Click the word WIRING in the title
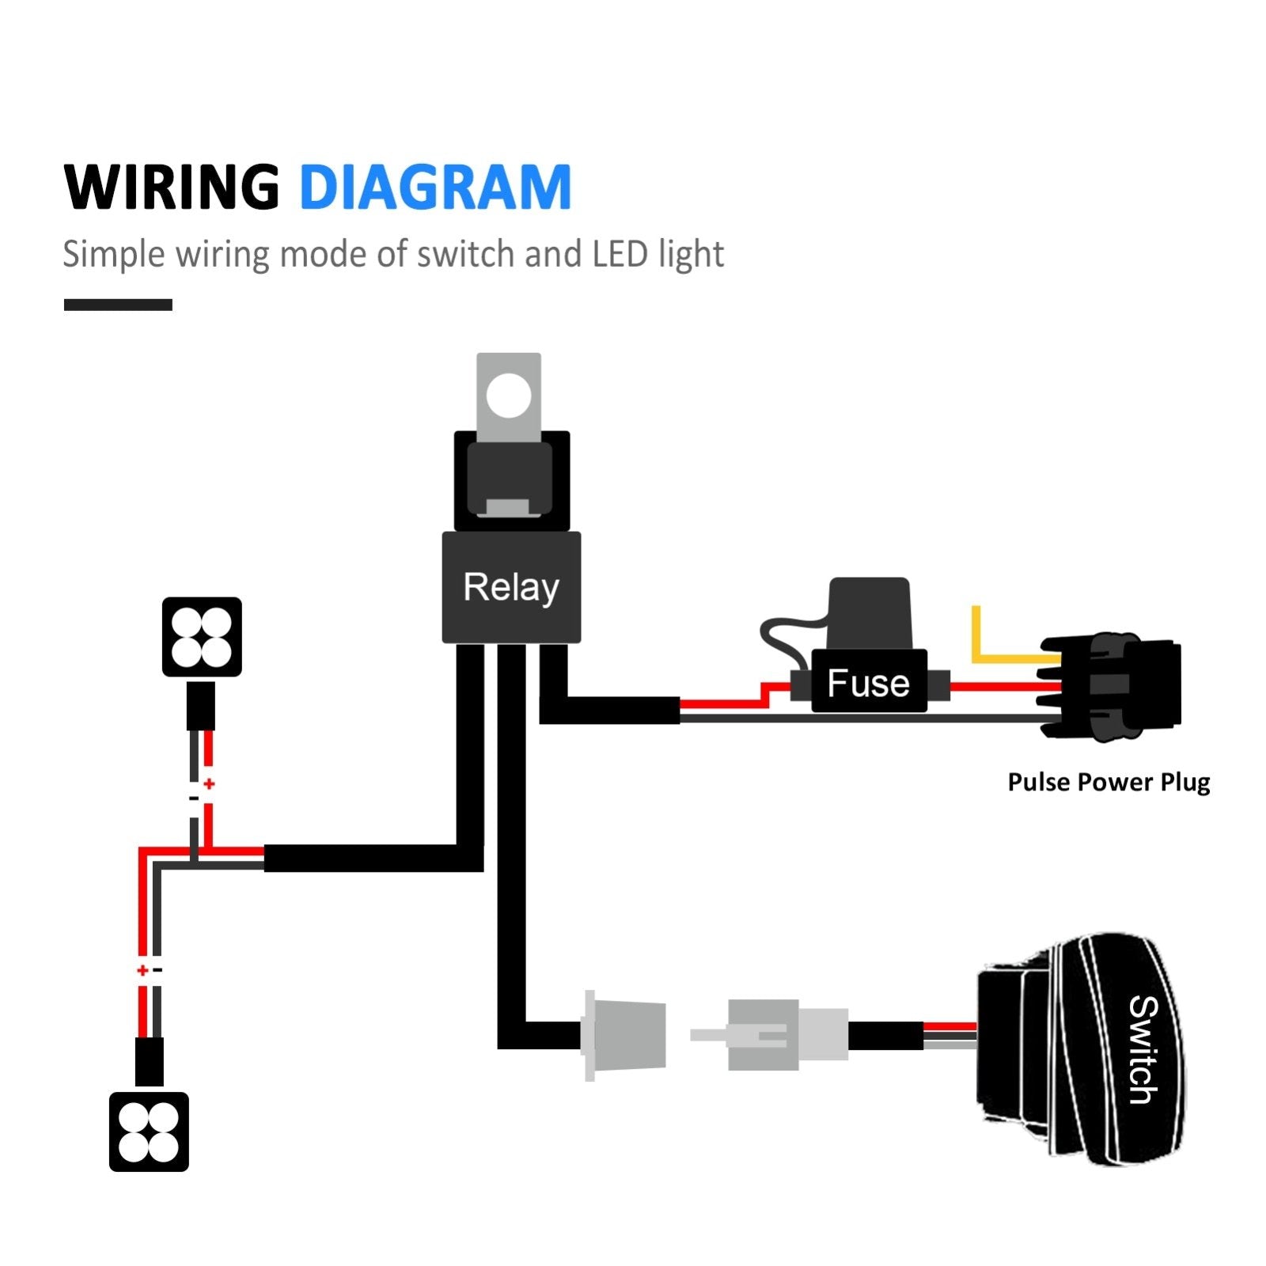pyautogui.click(x=172, y=188)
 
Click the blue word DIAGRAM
pyautogui.click(x=435, y=188)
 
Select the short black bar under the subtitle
pyautogui.click(x=118, y=305)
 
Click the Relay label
pyautogui.click(x=511, y=587)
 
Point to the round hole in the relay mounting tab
pyautogui.click(x=509, y=395)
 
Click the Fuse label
pyautogui.click(x=868, y=683)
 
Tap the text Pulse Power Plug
pyautogui.click(x=1109, y=782)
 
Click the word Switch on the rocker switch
pyautogui.click(x=1143, y=1049)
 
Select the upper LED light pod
pyautogui.click(x=202, y=637)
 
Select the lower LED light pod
pyautogui.click(x=149, y=1131)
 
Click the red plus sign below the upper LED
pyautogui.click(x=209, y=784)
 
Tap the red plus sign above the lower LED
pyautogui.click(x=142, y=970)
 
